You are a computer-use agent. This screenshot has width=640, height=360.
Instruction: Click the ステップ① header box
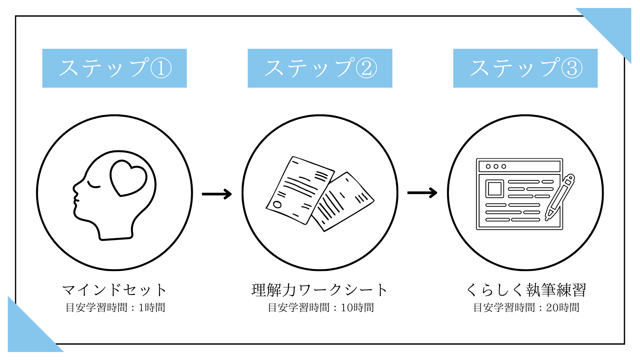pyautogui.click(x=114, y=68)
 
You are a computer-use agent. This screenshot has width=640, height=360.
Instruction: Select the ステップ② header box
pyautogui.click(x=320, y=68)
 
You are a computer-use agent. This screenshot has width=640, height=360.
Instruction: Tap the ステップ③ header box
pyautogui.click(x=525, y=68)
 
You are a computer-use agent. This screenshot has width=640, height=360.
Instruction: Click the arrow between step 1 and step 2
pyautogui.click(x=217, y=194)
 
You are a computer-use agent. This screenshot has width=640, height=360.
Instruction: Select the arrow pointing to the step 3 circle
pyautogui.click(x=422, y=193)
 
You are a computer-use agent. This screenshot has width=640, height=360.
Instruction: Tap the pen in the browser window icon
pyautogui.click(x=560, y=197)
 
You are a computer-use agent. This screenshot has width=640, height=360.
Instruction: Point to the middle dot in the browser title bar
pyautogui.click(x=496, y=166)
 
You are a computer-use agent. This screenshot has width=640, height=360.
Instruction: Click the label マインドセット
pyautogui.click(x=114, y=290)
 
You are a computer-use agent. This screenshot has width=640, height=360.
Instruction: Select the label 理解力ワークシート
pyautogui.click(x=320, y=290)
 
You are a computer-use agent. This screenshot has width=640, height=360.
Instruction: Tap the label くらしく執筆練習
pyautogui.click(x=526, y=290)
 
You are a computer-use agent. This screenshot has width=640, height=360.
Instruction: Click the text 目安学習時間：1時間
pyautogui.click(x=115, y=307)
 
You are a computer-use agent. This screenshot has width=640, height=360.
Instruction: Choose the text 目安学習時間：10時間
pyautogui.click(x=321, y=307)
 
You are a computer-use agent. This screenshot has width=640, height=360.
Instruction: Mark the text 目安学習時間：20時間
pyautogui.click(x=526, y=307)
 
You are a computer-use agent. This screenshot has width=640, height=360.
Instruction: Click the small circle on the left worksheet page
pyautogui.click(x=277, y=204)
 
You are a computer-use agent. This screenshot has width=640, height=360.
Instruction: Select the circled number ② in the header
pyautogui.click(x=366, y=68)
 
